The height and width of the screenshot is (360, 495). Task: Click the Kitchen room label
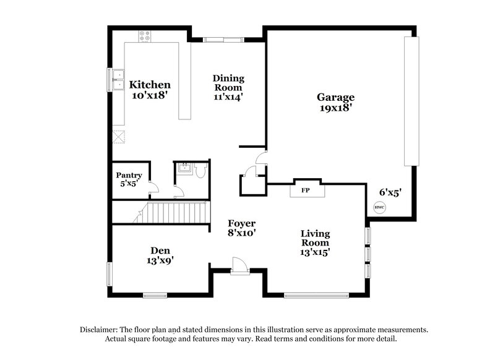(x=149, y=85)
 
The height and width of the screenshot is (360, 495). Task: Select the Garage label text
(x=335, y=97)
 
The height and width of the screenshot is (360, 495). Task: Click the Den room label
(x=160, y=251)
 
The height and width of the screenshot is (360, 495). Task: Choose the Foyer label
(x=241, y=223)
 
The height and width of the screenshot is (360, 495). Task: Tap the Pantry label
(x=129, y=176)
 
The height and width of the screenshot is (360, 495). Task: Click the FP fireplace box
(x=306, y=190)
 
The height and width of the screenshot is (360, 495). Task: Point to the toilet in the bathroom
(x=200, y=171)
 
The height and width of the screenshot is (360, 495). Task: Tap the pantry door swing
(x=154, y=186)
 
